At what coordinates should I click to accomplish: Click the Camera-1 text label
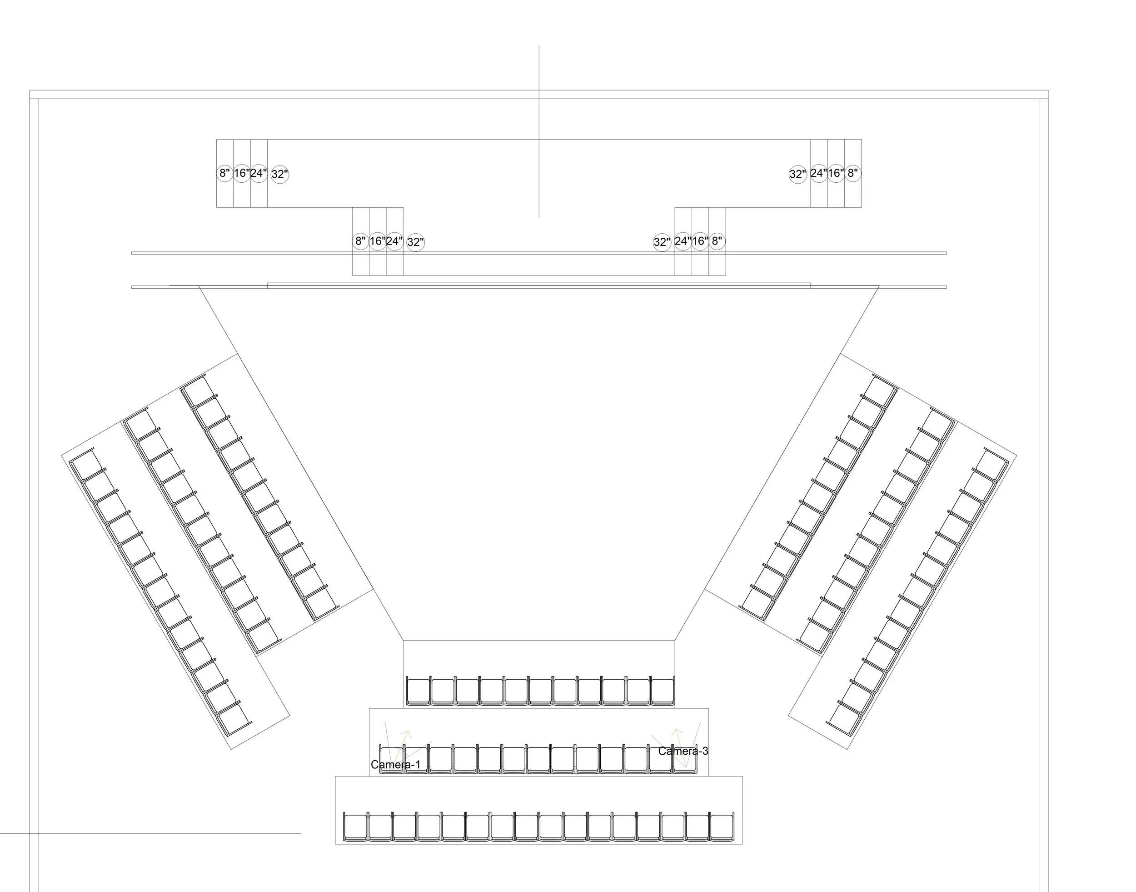(395, 765)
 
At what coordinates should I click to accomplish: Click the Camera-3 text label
(683, 751)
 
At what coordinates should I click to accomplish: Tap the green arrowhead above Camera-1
(407, 734)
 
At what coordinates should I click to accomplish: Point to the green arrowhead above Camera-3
(677, 731)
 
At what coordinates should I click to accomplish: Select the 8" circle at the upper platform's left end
(224, 173)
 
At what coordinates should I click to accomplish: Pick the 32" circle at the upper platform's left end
(280, 175)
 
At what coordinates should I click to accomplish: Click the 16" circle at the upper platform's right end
(835, 173)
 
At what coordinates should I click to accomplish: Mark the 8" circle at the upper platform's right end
(852, 173)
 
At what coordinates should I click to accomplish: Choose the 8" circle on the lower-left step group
(360, 241)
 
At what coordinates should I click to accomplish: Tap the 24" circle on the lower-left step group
(394, 241)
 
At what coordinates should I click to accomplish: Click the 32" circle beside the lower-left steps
(416, 242)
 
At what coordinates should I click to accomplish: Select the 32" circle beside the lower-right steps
(662, 242)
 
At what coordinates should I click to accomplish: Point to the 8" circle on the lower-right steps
(717, 241)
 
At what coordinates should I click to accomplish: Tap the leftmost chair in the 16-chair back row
(355, 827)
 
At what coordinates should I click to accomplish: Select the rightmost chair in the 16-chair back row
(722, 827)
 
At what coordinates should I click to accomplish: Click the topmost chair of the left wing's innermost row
(196, 391)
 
